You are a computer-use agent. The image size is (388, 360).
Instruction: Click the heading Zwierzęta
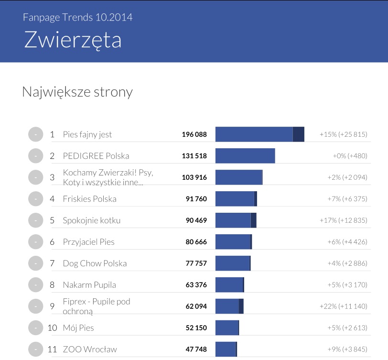pos(73,40)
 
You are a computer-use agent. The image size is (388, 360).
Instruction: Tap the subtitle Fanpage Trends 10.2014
pos(77,18)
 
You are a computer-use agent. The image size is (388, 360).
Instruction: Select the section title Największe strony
pos(77,92)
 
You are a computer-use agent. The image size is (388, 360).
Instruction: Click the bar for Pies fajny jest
pos(259,134)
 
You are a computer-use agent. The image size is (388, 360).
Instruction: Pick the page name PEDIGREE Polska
pos(96,156)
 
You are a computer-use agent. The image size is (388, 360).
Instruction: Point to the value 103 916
pos(194,177)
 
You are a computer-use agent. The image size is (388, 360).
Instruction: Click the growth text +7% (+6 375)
pos(347,199)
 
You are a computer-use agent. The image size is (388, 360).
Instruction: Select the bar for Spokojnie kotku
pos(236,220)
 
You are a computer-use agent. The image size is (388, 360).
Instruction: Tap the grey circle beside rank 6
pos(36,242)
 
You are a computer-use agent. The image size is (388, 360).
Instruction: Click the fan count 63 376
pos(196,285)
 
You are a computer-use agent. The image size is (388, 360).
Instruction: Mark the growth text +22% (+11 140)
pos(343,306)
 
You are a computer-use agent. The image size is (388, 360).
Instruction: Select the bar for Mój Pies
pos(227,328)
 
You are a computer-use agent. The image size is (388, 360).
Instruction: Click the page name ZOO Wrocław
pos(90,349)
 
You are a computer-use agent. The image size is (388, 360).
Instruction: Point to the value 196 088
pos(194,134)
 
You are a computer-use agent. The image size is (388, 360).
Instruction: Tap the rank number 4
pos(53,199)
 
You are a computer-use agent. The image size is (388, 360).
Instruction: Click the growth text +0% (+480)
pos(350,156)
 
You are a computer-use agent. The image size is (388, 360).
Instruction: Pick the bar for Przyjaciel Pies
pos(233,242)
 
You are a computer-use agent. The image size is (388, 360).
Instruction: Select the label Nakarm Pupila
pos(89,285)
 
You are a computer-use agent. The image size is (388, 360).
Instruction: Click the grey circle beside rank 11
pos(36,349)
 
